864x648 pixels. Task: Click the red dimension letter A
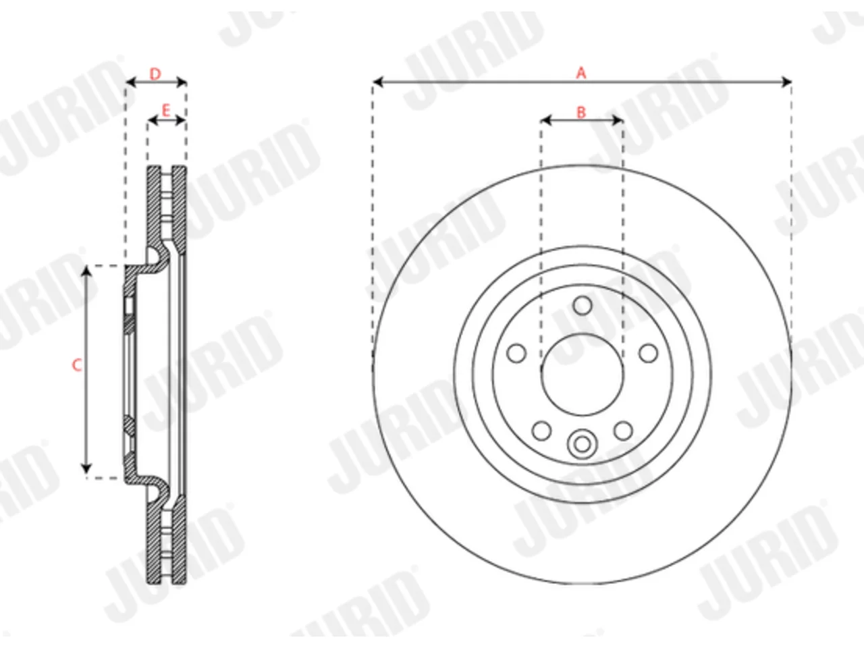581,73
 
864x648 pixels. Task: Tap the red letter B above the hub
581,113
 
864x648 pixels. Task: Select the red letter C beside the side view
77,365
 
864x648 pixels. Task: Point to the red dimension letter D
155,74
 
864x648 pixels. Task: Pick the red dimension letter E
166,111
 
